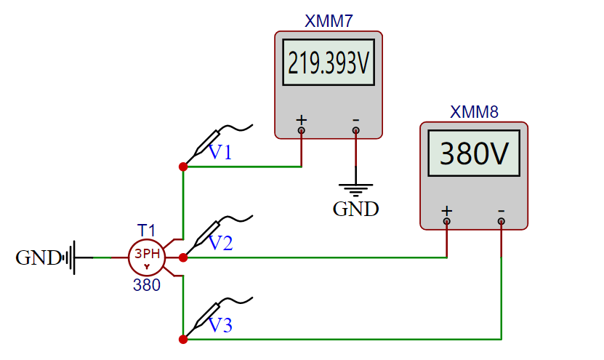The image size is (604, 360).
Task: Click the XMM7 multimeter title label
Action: pos(329,21)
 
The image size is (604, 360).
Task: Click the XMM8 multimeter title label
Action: pos(474,112)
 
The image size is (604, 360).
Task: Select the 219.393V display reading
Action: pos(329,65)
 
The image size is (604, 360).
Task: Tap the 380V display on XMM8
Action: pos(474,154)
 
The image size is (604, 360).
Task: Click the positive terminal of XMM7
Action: pos(302,131)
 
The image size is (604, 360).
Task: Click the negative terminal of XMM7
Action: pos(355,131)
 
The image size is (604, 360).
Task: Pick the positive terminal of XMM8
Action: pos(447,221)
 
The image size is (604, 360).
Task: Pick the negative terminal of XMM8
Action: pos(502,221)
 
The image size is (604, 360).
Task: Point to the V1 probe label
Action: pos(220,153)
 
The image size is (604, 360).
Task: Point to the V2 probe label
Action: pos(220,244)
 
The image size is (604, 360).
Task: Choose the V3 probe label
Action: pos(220,326)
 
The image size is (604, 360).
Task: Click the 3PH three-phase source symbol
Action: pos(147,257)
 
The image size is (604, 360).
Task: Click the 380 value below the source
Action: pos(147,286)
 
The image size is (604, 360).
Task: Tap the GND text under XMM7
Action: pos(355,209)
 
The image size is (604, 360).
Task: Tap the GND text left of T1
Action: pos(38,257)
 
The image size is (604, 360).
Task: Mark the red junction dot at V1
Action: pos(183,167)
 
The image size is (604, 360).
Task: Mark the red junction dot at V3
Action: pos(183,339)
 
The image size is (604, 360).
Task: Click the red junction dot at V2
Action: pos(183,257)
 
